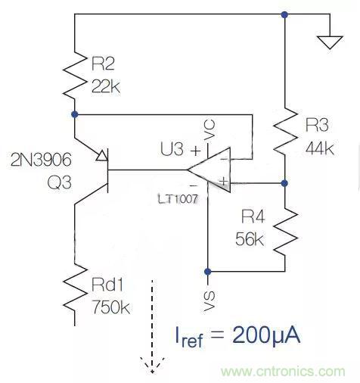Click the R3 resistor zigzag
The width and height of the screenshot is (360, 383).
pos(284,129)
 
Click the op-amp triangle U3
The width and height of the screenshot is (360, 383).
pos(211,171)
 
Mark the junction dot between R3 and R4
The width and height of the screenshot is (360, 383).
pos(284,182)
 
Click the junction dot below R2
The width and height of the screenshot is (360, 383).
pos(75,114)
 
